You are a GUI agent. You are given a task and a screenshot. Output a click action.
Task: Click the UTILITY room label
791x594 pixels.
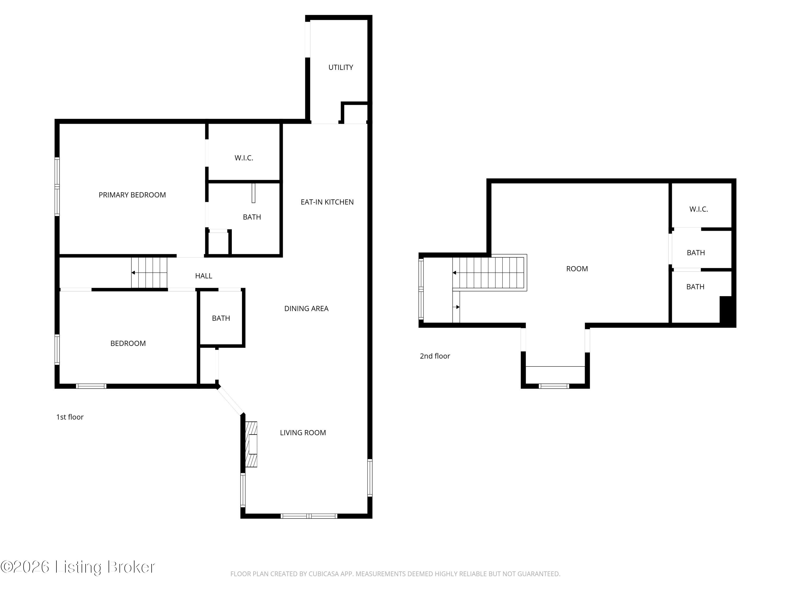[x=340, y=67]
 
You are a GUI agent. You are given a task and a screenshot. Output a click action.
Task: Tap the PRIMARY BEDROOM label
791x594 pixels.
[x=132, y=195]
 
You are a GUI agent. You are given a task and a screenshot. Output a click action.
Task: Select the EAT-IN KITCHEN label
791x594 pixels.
[x=327, y=202]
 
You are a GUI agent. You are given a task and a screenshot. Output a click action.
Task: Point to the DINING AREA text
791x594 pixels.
[x=306, y=308]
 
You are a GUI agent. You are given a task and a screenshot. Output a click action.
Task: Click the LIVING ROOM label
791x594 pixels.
[x=303, y=432]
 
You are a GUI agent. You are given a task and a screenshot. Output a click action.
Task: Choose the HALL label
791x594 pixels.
[x=204, y=276]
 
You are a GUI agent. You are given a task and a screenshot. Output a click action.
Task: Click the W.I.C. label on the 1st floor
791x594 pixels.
[x=244, y=158]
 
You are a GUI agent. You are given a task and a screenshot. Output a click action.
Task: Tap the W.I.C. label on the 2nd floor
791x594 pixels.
[x=698, y=209]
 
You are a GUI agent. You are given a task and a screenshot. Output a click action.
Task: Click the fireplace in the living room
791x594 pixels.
[x=251, y=444]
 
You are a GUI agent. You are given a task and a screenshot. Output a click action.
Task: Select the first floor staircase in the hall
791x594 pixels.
[x=149, y=272]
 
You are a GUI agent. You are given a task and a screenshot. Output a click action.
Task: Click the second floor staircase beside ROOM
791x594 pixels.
[x=490, y=272]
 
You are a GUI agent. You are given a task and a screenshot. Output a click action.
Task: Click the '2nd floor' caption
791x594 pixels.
[x=435, y=356]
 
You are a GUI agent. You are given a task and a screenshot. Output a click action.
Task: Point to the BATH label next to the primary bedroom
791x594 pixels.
[x=252, y=217]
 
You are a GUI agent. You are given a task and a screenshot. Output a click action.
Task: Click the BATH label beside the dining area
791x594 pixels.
[x=221, y=318]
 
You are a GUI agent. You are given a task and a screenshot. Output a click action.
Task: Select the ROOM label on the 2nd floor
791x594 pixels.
[x=577, y=268]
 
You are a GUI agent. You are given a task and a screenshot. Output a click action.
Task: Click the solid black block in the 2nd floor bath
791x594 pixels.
[x=726, y=310]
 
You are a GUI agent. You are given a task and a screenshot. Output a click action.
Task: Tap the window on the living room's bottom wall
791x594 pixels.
[x=308, y=516]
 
